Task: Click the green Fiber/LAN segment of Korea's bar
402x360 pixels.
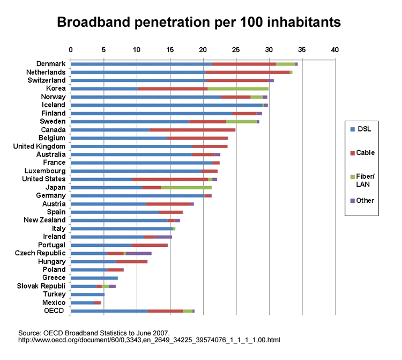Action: click(238, 89)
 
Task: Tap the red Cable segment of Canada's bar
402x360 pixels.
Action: click(192, 130)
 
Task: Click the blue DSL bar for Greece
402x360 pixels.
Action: click(94, 278)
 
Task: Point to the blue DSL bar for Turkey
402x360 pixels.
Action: click(87, 295)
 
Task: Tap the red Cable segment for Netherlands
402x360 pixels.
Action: click(248, 72)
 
